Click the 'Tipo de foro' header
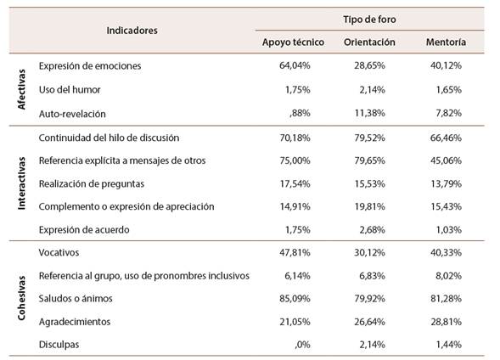370,19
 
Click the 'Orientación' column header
369,42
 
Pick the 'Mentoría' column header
445,42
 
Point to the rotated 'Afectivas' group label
22,89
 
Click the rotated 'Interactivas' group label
22,183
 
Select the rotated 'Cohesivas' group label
22,298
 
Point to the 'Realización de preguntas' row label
92,183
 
